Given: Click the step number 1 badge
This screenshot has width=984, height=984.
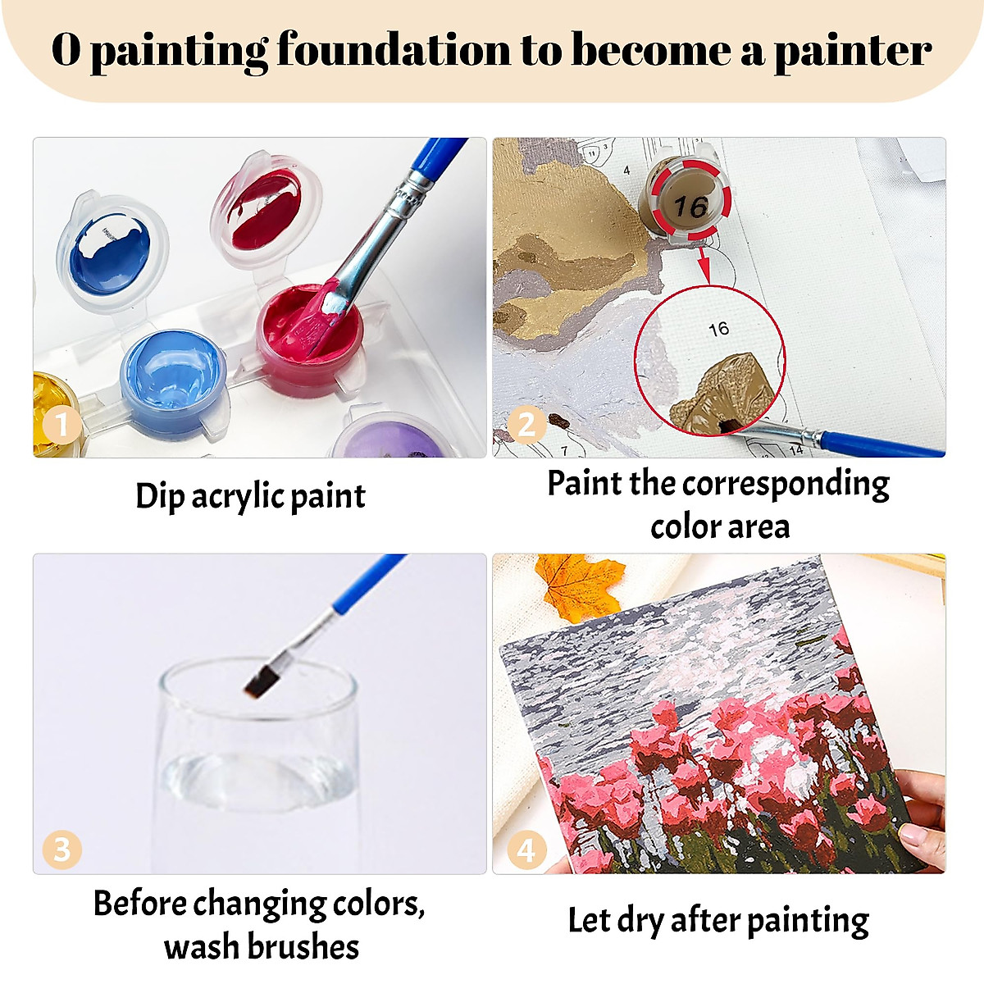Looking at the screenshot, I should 61,425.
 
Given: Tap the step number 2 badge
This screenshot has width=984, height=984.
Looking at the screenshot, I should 526,425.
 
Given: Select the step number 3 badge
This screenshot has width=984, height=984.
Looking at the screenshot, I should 61,849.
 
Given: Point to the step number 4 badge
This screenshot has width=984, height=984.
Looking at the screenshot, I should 526,850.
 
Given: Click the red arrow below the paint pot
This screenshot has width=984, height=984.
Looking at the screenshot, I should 704,266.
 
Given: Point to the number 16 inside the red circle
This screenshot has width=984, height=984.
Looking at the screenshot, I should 718,329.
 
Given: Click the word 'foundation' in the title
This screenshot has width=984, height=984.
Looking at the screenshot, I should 394,51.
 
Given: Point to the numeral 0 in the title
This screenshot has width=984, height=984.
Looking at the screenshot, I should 66,51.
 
